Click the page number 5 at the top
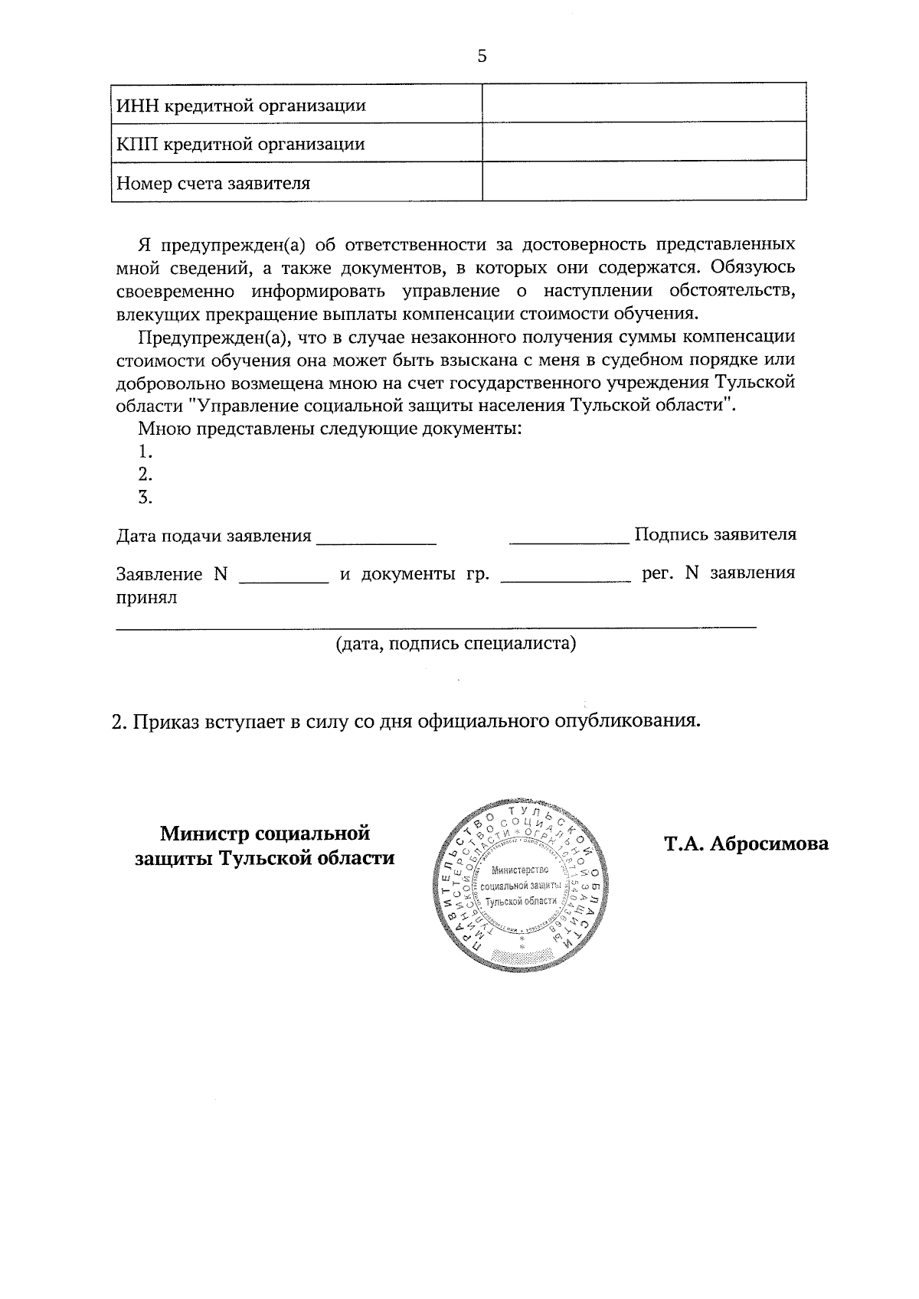[482, 57]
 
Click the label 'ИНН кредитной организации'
[240, 105]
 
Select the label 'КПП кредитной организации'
[240, 144]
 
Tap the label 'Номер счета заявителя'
[213, 184]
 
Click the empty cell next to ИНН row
[643, 103]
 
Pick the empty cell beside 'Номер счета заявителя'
[643, 182]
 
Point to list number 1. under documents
[146, 451]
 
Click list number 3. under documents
[146, 498]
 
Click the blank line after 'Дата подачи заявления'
[376, 538]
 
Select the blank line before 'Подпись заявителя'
[569, 538]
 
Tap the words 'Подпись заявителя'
[715, 534]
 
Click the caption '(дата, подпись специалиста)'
[456, 643]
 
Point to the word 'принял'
[146, 597]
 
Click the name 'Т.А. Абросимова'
[746, 844]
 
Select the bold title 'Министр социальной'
[265, 832]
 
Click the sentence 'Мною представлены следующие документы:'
[330, 428]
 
